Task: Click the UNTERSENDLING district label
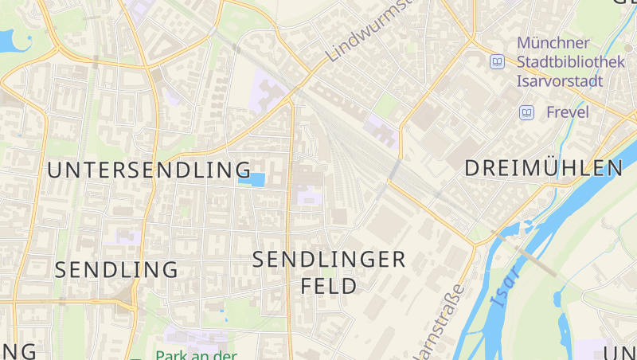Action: coord(150,170)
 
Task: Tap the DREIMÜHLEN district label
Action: coord(543,168)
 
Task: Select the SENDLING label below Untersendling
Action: coord(116,269)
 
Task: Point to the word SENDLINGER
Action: coord(329,259)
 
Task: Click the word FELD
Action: coord(329,286)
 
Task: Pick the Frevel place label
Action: coord(567,112)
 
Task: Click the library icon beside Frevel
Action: coord(526,112)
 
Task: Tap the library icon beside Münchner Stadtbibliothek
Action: coord(498,61)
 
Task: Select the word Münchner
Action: coord(553,42)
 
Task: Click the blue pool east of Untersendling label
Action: coord(255,179)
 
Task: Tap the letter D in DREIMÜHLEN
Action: coord(472,168)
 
